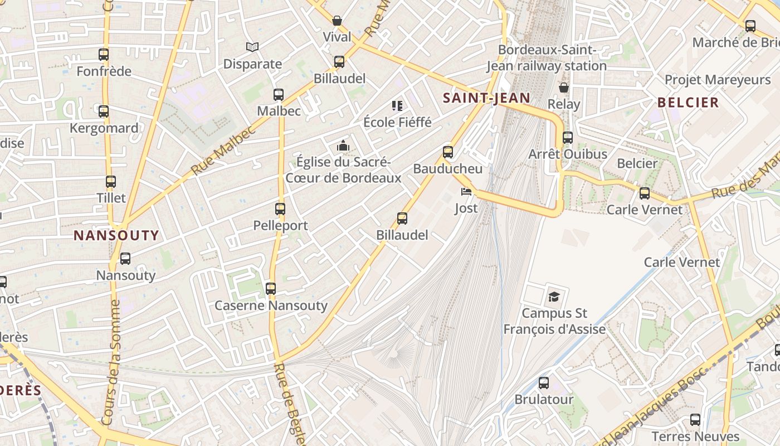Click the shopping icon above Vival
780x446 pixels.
[337, 21]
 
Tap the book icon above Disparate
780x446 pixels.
[252, 47]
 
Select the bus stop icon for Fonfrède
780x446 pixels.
[104, 55]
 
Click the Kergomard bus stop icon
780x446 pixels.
[104, 111]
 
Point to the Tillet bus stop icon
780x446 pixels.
[111, 182]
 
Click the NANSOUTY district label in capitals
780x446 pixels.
[116, 235]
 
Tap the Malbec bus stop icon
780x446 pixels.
[279, 95]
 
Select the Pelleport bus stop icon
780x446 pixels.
[280, 209]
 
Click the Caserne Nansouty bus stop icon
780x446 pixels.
[271, 289]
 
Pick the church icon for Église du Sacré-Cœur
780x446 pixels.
[343, 146]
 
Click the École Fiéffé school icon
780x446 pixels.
[397, 105]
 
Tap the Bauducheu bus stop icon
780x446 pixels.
[448, 152]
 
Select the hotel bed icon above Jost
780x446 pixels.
[466, 192]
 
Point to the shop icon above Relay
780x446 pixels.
[564, 88]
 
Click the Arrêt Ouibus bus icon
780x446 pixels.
[568, 138]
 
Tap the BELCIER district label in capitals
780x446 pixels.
[688, 103]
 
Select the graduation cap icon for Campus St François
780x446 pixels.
[554, 297]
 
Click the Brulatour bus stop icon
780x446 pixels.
[544, 384]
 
